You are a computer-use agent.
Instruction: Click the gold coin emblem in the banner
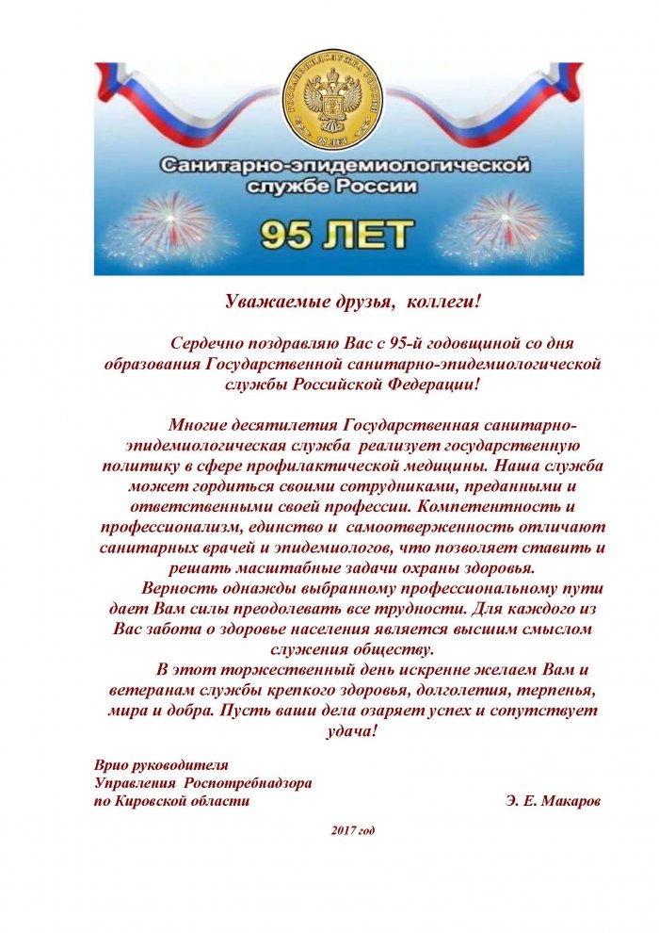pyautogui.click(x=329, y=101)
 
